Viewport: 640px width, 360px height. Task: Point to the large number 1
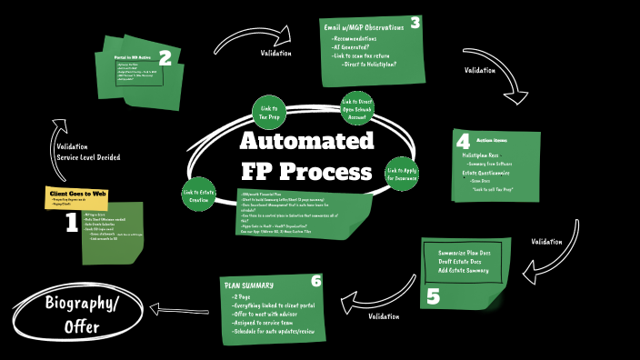pos(71,224)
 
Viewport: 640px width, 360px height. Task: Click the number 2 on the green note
pos(165,58)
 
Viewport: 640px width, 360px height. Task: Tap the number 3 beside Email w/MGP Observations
pos(415,23)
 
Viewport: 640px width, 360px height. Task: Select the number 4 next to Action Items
pos(463,142)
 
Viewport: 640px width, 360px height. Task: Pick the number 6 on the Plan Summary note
pos(315,281)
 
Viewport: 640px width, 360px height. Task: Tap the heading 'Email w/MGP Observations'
pos(364,28)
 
